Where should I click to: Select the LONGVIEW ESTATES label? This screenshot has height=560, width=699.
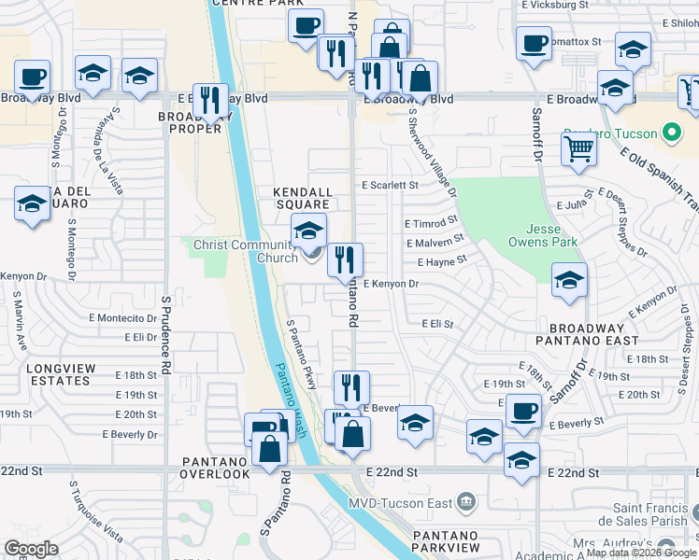pyautogui.click(x=60, y=375)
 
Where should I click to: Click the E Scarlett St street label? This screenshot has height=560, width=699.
pyautogui.click(x=390, y=186)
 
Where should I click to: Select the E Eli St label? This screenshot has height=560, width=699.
pyautogui.click(x=436, y=324)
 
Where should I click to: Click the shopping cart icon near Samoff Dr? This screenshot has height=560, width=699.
pyautogui.click(x=578, y=148)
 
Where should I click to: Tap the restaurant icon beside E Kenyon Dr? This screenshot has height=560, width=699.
pyautogui.click(x=345, y=259)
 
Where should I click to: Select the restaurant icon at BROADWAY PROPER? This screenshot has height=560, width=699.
pyautogui.click(x=209, y=100)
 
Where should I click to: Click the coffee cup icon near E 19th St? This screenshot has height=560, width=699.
pyautogui.click(x=523, y=410)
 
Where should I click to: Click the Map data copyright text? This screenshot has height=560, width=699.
pyautogui.click(x=641, y=553)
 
